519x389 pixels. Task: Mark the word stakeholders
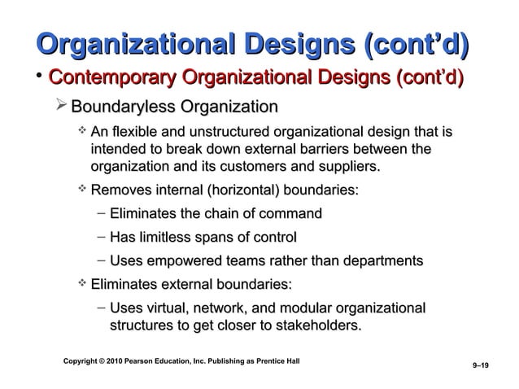(x=312, y=326)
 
